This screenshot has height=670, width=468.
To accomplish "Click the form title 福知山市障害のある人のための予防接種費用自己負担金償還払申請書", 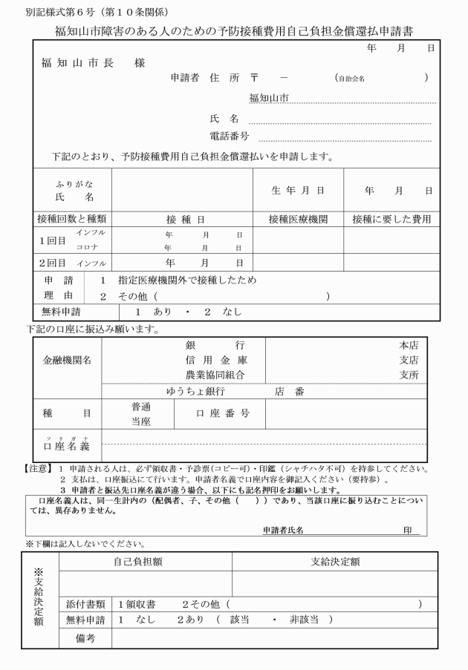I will (x=234, y=32).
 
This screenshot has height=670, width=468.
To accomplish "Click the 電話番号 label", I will (x=230, y=137).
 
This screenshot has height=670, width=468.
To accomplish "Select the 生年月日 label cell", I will (x=298, y=191).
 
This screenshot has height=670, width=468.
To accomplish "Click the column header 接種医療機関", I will (x=298, y=219).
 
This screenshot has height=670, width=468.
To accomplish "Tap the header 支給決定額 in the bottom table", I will (x=335, y=562).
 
